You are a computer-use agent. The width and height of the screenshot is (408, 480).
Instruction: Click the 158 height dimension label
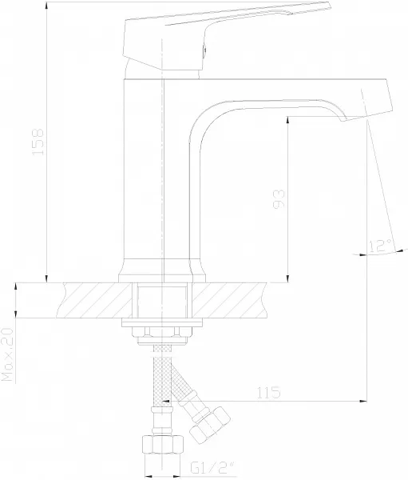tap(38, 142)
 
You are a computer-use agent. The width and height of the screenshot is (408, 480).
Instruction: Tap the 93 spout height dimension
tap(279, 199)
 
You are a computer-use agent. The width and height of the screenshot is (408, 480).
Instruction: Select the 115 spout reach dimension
tap(268, 393)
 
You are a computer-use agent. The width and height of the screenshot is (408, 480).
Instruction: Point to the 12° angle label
tap(380, 246)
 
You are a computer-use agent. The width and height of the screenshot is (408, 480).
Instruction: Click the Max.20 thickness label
tap(8, 354)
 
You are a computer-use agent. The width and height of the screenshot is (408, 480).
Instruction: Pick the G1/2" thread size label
tap(212, 468)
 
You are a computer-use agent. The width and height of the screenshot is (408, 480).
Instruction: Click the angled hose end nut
tap(210, 423)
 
